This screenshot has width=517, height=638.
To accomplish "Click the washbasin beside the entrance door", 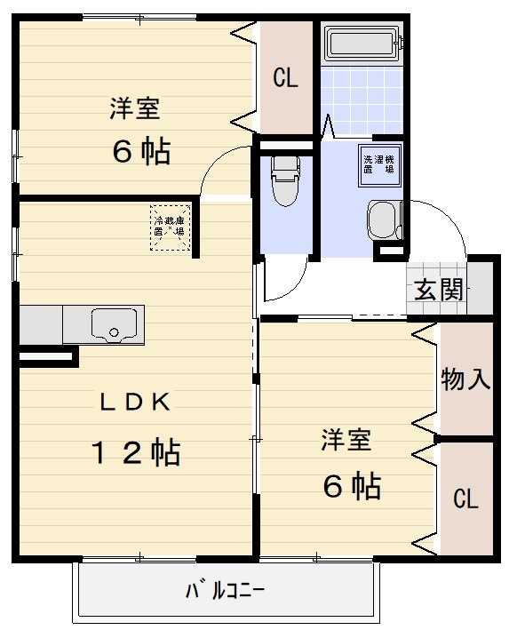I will click(384, 219).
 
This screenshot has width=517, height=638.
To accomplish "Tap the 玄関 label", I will click(439, 289).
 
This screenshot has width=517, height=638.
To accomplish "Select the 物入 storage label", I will click(465, 379).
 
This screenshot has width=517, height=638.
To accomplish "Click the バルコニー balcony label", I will click(226, 589).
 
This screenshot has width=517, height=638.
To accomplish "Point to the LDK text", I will click(133, 403).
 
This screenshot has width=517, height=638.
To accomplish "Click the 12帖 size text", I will click(137, 452).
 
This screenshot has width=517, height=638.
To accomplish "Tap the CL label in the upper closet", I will click(285, 78).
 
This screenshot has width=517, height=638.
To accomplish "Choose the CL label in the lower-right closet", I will click(465, 499).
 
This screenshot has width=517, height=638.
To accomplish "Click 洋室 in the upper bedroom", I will click(134, 108).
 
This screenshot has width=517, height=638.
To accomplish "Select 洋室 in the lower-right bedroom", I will click(346, 440).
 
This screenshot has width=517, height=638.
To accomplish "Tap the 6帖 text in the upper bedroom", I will click(141, 152).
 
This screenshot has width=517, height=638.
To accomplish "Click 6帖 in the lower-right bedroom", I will click(352, 485).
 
